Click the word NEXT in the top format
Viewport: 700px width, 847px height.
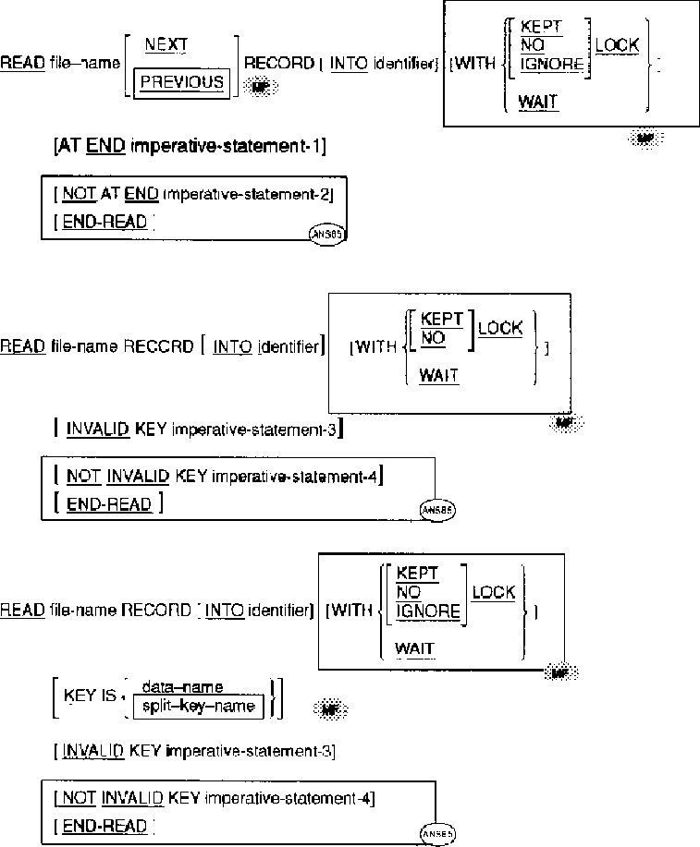coord(168,43)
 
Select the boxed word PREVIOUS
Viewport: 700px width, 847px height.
coord(182,81)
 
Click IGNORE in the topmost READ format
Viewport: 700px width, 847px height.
coord(552,64)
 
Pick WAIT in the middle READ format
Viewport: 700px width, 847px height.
coord(438,376)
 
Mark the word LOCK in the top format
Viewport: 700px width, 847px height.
coord(617,45)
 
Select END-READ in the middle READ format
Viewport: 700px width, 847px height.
coord(110,504)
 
